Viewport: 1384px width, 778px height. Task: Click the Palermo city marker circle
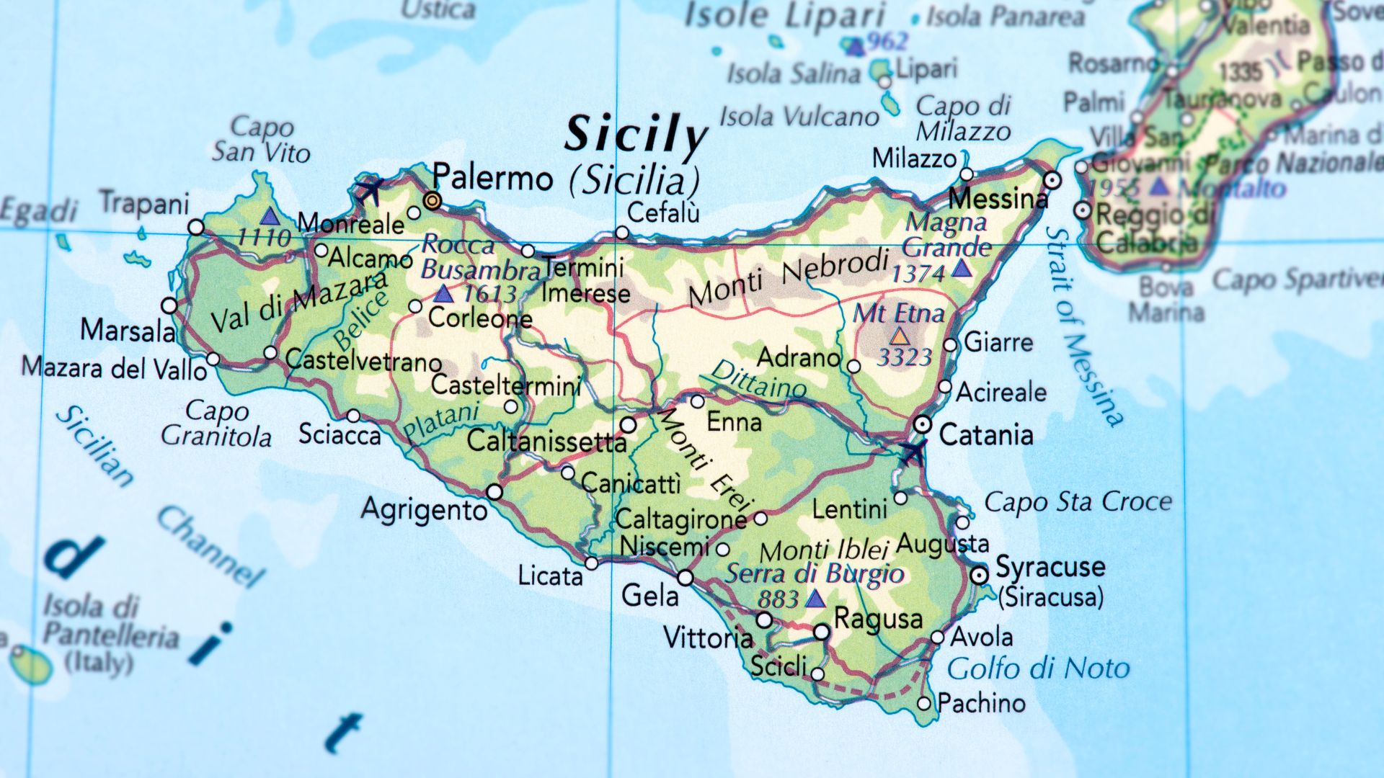[x=432, y=200]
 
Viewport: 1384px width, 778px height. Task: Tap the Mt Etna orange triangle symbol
[x=899, y=336]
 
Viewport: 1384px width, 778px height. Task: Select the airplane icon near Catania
[x=913, y=453]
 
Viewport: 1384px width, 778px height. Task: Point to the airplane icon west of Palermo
[x=370, y=191]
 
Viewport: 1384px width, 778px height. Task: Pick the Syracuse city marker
[x=979, y=575]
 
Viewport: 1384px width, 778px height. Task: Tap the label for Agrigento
[x=424, y=510]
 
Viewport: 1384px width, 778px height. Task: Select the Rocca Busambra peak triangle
[x=443, y=294]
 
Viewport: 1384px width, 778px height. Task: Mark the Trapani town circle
[x=196, y=228]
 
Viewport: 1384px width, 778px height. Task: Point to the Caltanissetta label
[x=546, y=441]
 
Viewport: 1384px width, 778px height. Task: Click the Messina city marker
[x=1052, y=180]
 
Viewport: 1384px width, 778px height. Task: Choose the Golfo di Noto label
[x=1038, y=669]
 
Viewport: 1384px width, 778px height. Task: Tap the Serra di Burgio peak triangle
[x=815, y=599]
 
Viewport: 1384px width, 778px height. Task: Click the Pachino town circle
[x=924, y=703]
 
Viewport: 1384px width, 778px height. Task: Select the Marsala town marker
[x=169, y=305]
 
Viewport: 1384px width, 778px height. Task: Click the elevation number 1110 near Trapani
[x=264, y=237]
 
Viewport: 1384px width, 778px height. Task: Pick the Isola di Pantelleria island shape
[x=32, y=664]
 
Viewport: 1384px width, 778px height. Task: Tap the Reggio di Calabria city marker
[x=1083, y=210]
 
